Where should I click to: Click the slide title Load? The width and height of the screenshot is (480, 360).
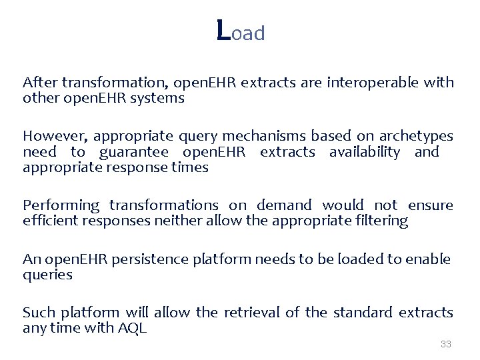tap(241, 31)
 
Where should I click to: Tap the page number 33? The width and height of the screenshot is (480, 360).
tap(446, 344)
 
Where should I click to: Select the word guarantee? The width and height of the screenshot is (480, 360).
tap(134, 152)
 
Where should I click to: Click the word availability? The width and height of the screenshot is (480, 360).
tap(365, 152)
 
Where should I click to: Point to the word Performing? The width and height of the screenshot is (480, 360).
tap(61, 205)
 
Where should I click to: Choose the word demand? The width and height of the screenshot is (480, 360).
tap(284, 205)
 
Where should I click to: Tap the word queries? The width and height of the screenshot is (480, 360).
tap(47, 275)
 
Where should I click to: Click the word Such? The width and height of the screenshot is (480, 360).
tap(39, 312)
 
